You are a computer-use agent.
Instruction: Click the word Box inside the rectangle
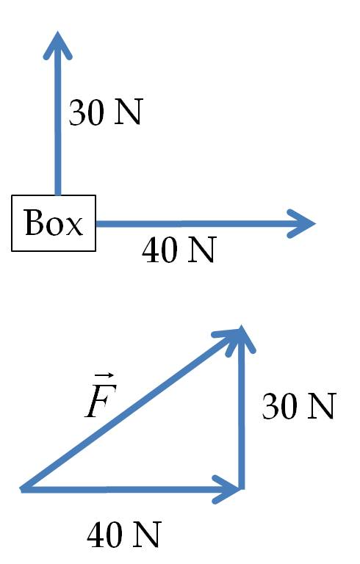(54, 223)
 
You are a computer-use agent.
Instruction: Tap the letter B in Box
(33, 222)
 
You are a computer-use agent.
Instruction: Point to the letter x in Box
(74, 226)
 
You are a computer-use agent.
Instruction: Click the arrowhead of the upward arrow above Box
(57, 45)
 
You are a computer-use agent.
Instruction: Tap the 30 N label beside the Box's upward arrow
(106, 112)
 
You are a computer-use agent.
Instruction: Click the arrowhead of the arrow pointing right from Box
(301, 223)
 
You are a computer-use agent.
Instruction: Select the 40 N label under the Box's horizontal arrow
(179, 250)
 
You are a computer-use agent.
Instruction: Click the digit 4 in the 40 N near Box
(151, 250)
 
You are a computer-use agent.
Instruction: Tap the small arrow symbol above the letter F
(106, 376)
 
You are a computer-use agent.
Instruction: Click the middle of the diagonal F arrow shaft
(132, 409)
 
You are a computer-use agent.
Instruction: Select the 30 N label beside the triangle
(299, 406)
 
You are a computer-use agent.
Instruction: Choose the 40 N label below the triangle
(124, 535)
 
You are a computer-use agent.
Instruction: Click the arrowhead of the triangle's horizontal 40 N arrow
(227, 489)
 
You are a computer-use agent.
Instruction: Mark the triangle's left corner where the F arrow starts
(21, 489)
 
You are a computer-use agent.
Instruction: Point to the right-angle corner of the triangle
(242, 489)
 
